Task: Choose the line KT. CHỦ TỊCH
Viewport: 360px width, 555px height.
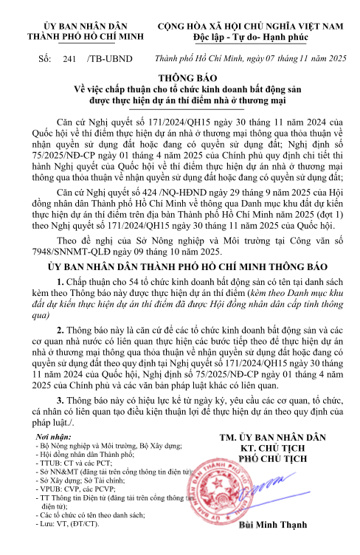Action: [274, 448]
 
